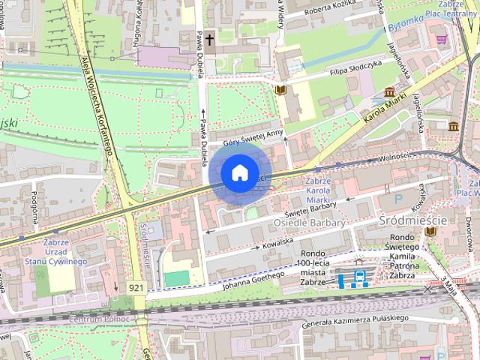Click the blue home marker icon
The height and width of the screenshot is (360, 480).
238,173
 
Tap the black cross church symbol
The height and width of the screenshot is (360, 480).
210,38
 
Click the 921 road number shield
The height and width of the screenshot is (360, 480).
136,287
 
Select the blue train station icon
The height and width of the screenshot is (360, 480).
359,278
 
